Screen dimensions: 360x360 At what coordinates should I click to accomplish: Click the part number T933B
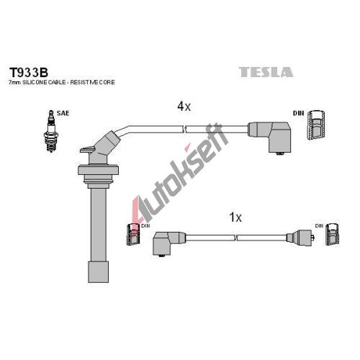click(29, 72)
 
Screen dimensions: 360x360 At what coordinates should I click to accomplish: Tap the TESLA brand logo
click(266, 72)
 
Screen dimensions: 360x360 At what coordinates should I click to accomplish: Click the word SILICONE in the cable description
click(35, 82)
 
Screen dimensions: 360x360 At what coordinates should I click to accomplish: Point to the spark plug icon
click(51, 131)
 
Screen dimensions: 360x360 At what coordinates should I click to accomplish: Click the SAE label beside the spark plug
click(63, 113)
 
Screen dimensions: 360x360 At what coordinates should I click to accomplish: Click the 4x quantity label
click(184, 106)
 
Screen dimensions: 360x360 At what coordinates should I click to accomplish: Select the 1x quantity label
click(235, 217)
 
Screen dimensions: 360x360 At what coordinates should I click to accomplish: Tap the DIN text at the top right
click(298, 113)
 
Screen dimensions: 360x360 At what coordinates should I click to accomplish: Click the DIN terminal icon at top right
click(317, 125)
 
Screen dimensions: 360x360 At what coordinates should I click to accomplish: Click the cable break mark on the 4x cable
click(184, 129)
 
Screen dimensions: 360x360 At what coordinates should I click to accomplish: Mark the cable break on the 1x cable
click(235, 238)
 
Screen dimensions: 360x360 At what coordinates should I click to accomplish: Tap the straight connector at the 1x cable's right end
click(300, 238)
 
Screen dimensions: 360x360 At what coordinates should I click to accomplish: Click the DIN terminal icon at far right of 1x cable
click(333, 234)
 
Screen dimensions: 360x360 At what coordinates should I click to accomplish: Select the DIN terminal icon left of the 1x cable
click(133, 234)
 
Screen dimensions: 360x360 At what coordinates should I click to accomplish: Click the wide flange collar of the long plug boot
click(98, 170)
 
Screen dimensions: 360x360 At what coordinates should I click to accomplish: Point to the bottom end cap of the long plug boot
click(98, 272)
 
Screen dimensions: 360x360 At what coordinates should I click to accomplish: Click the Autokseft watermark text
click(180, 173)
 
